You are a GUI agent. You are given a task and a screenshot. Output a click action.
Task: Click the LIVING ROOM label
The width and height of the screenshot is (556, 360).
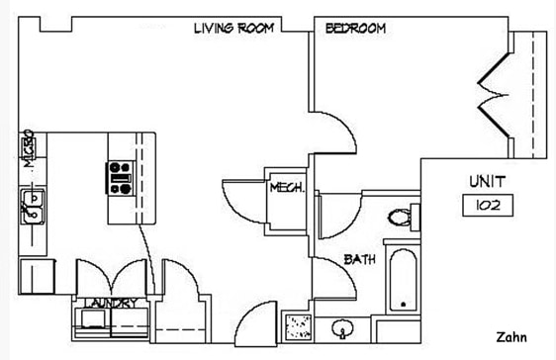pos(233,29)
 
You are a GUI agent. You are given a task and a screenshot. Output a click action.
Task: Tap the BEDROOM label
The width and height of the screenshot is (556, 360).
pos(355,29)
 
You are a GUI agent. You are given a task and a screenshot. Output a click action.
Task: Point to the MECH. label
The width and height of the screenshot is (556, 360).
pos(285,187)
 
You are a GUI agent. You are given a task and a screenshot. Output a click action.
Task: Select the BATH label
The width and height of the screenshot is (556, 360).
pos(358,260)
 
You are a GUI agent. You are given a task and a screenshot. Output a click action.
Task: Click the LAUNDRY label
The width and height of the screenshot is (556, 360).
pos(112,303)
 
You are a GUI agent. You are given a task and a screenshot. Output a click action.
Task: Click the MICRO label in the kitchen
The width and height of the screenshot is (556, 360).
pos(29,148)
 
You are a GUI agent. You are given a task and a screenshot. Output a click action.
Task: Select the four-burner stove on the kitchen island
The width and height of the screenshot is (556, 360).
pos(120,178)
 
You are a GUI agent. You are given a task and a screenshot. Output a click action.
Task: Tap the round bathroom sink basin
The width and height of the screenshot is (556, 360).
pos(343,326)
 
